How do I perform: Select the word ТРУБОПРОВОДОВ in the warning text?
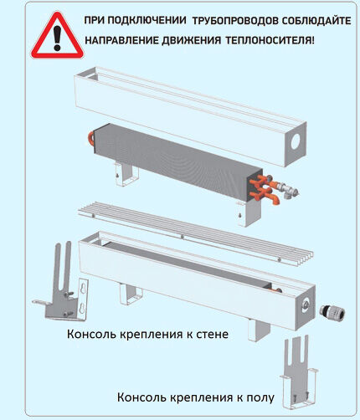[x=230, y=19]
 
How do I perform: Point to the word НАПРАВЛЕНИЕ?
[x=125, y=39]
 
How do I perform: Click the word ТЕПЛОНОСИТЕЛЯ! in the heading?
[x=270, y=39]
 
